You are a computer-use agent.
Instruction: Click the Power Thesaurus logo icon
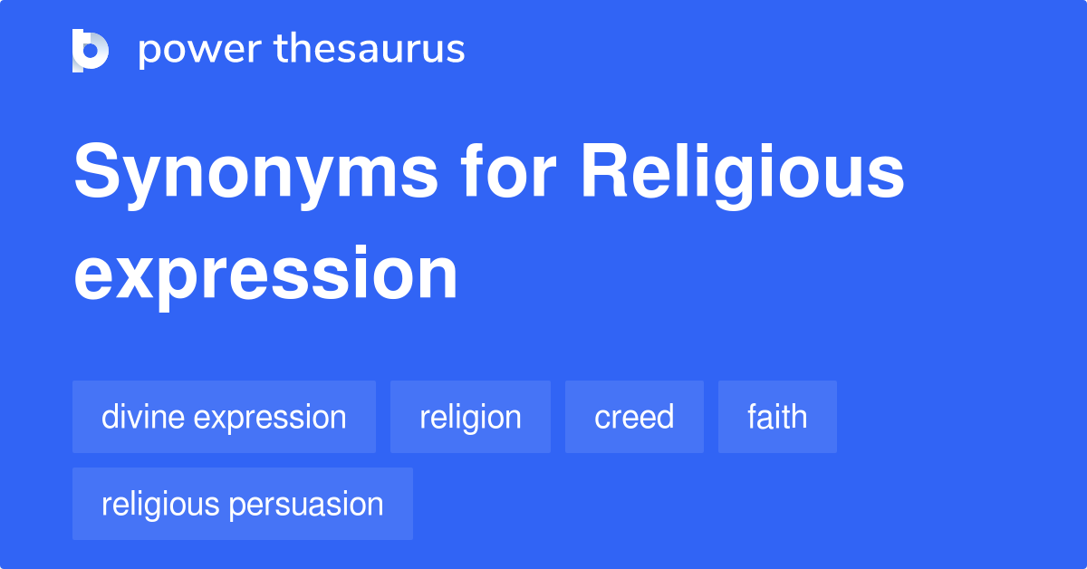(91, 50)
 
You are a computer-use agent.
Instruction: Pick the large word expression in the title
(265, 274)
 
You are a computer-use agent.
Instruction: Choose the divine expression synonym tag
(224, 417)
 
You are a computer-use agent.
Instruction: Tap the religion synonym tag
(470, 417)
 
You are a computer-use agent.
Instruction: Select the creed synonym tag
(634, 417)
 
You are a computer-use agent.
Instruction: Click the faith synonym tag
(777, 417)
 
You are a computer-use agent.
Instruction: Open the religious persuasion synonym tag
(243, 504)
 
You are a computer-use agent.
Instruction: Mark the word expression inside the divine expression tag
(269, 418)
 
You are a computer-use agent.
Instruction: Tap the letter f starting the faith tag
(753, 416)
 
